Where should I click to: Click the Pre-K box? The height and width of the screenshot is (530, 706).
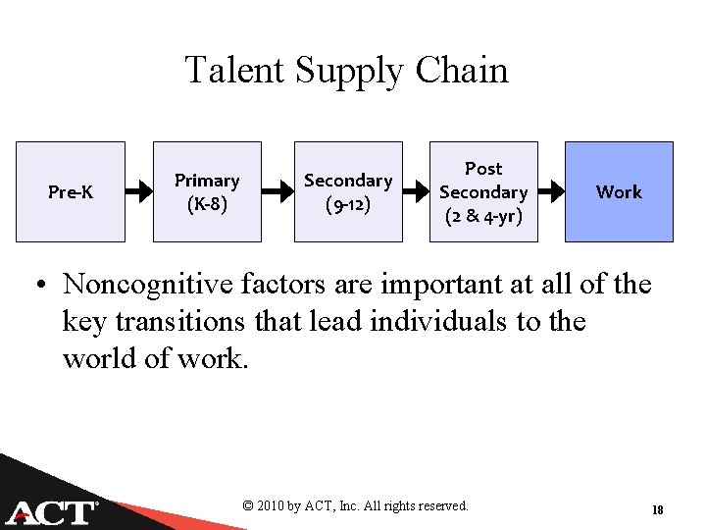[x=71, y=191]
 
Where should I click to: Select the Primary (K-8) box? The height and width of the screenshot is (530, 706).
[x=207, y=191]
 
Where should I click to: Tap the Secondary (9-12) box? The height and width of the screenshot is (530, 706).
[x=348, y=191]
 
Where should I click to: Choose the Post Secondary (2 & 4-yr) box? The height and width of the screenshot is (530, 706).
[x=483, y=191]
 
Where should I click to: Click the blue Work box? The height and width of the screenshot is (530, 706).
[x=619, y=191]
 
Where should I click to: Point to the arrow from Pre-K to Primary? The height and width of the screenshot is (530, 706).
[x=138, y=191]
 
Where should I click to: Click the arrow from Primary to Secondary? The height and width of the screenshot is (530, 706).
[x=277, y=191]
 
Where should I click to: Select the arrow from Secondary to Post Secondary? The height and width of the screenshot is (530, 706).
[x=416, y=191]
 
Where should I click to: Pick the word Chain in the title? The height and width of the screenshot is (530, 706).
[x=462, y=71]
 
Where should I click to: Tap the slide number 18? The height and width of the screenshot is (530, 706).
[x=658, y=509]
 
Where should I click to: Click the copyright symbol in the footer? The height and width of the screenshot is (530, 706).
[x=248, y=506]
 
